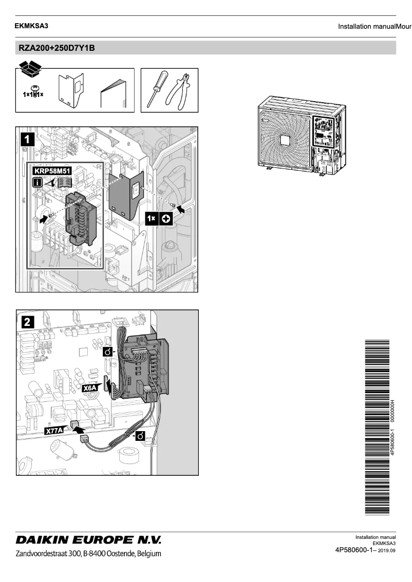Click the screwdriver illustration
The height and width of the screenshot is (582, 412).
pyautogui.click(x=156, y=88)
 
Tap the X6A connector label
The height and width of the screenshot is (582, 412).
pyautogui.click(x=90, y=388)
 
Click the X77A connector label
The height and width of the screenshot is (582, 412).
pyautogui.click(x=54, y=431)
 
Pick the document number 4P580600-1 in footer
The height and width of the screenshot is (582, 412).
pyautogui.click(x=356, y=550)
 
